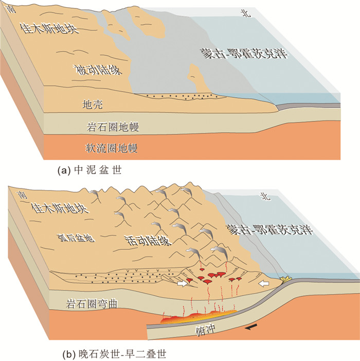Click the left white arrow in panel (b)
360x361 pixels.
tap(182, 284)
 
